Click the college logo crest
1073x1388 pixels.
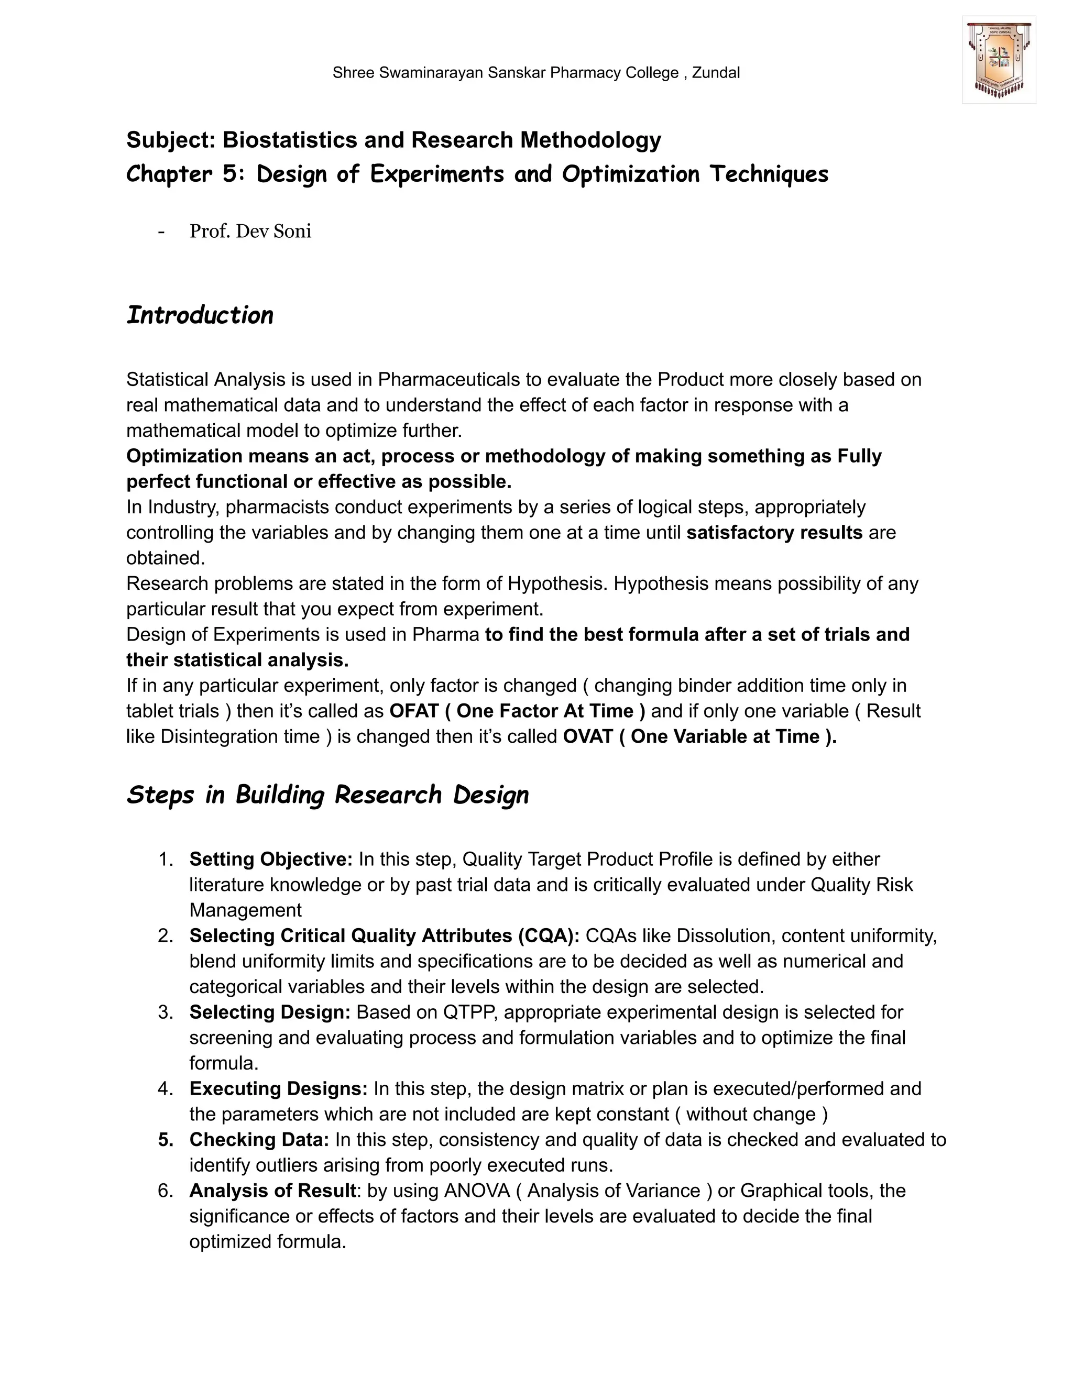[x=999, y=60]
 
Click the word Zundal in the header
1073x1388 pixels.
[x=716, y=73]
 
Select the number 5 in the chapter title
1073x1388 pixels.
[x=229, y=174]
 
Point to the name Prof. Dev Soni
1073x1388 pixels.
[x=250, y=232]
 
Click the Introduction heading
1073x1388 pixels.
[x=200, y=315]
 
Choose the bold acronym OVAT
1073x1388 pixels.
[x=588, y=736]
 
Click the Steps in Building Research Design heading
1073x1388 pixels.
[x=327, y=795]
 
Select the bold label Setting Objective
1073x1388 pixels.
[x=271, y=859]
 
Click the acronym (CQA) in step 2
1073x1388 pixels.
[x=548, y=935]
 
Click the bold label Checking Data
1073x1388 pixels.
[x=259, y=1140]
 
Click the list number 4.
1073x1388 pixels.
[x=165, y=1089]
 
